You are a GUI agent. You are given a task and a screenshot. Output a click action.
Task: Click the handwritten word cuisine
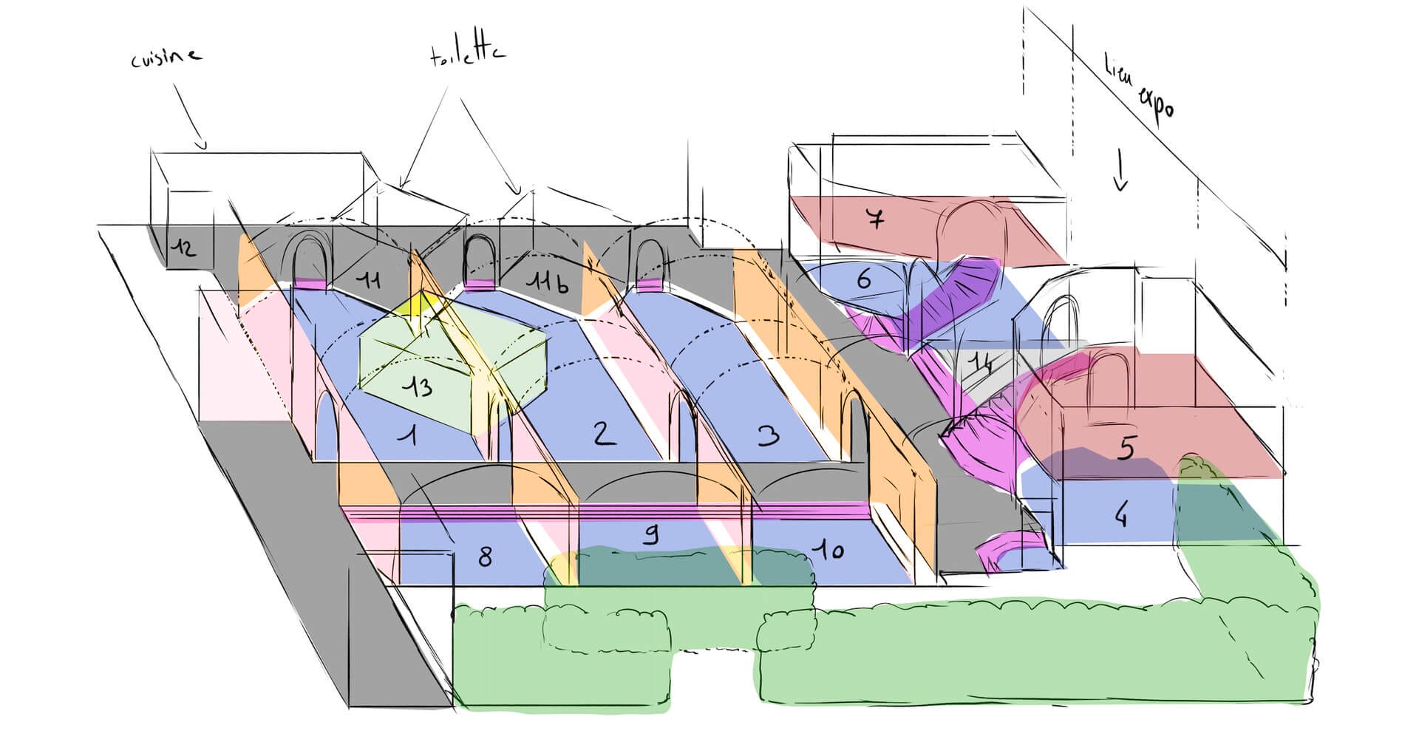point(166,57)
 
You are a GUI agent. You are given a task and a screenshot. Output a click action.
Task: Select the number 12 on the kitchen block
point(183,248)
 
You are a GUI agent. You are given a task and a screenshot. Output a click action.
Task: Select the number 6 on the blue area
point(864,279)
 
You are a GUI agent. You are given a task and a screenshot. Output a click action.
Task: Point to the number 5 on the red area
point(1125,447)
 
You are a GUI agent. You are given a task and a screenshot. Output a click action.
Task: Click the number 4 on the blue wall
point(1121,515)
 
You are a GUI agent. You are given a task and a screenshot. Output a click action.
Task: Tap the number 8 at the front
point(484,556)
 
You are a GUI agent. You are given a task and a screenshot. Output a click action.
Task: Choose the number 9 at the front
point(650,534)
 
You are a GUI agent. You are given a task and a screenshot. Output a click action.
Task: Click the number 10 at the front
point(831,549)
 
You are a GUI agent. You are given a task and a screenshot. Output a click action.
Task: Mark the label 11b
point(547,282)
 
